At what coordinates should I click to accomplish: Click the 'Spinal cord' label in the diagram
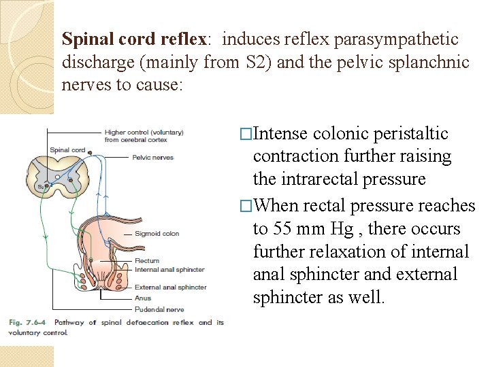pyautogui.click(x=67, y=150)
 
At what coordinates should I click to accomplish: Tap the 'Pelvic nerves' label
pyautogui.click(x=154, y=157)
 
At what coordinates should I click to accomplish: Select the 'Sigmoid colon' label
pyautogui.click(x=157, y=234)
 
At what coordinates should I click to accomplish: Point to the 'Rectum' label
pyautogui.click(x=147, y=260)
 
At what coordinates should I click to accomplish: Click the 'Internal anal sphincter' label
pyautogui.click(x=169, y=270)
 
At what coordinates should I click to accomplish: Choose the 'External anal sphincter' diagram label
pyautogui.click(x=170, y=287)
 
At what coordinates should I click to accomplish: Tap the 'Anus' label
pyautogui.click(x=142, y=298)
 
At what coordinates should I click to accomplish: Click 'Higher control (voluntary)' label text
pyautogui.click(x=144, y=133)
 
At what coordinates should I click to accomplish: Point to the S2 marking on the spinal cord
pyautogui.click(x=40, y=186)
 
